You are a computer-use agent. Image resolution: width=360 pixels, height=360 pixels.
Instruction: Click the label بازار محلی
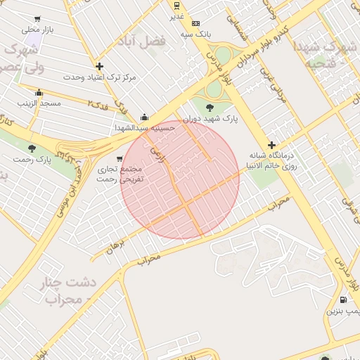tap(38, 30)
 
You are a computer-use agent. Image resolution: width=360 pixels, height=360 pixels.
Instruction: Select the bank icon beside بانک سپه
tap(195, 23)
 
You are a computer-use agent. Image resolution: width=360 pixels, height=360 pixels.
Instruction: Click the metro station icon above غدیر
tap(176, 6)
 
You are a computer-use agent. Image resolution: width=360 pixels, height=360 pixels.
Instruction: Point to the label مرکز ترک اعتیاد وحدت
tap(84, 76)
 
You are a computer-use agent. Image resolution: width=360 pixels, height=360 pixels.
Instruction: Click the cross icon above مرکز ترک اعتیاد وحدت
tap(99, 66)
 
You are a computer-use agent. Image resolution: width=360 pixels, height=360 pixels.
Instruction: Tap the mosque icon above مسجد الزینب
tap(39, 93)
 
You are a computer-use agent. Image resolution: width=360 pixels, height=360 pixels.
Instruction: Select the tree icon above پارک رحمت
tap(32, 148)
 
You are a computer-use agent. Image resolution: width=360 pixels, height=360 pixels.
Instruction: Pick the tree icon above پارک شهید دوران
tap(210, 107)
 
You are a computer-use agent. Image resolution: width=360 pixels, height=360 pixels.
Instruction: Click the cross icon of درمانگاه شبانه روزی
tap(271, 145)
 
